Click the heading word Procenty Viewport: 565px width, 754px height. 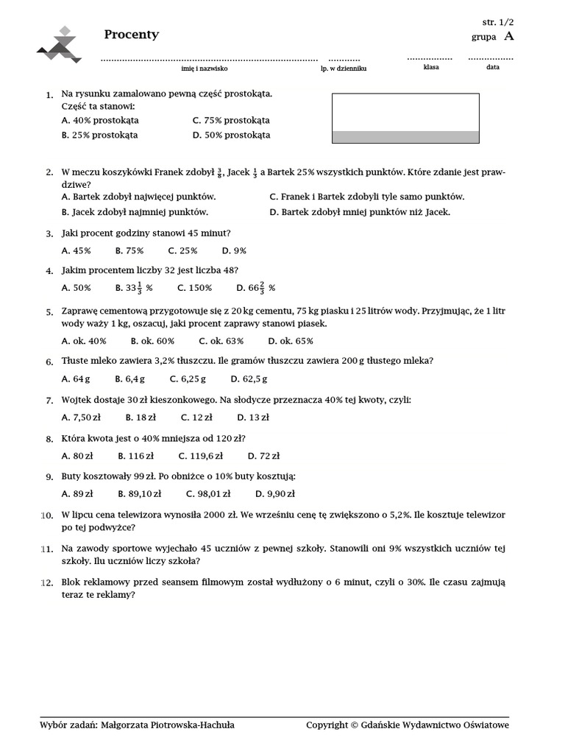coord(131,35)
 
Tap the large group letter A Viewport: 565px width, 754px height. coord(509,36)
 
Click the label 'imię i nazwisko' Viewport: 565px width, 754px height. coord(205,68)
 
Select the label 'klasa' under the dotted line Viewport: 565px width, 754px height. coord(431,67)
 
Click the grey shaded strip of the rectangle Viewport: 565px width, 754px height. coord(405,137)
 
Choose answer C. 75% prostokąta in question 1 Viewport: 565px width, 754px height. coord(231,120)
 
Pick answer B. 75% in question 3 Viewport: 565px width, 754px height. coord(129,250)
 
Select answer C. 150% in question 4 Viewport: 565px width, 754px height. coord(194,288)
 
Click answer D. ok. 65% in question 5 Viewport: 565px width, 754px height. coord(291,341)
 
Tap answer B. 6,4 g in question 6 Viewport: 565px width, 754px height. coord(130,379)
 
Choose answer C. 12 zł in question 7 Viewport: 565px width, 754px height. coord(196,417)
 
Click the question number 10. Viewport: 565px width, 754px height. coord(47,515)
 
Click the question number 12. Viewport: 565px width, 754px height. coord(47,583)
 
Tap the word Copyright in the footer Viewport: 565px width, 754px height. coord(327,725)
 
